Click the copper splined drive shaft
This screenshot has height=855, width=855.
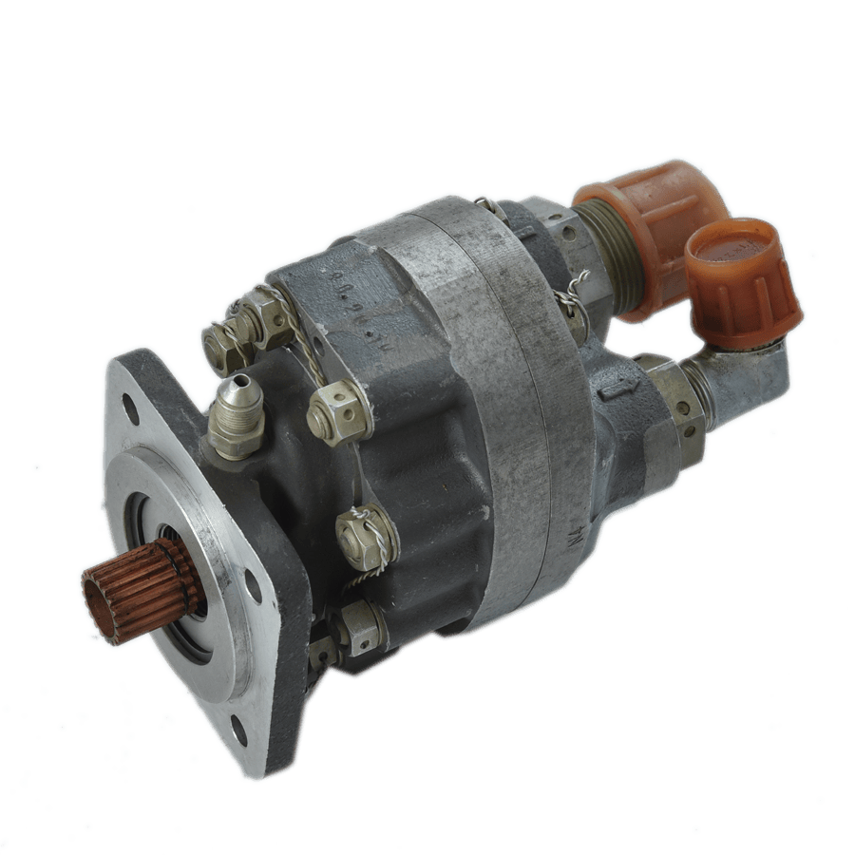(133, 590)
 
